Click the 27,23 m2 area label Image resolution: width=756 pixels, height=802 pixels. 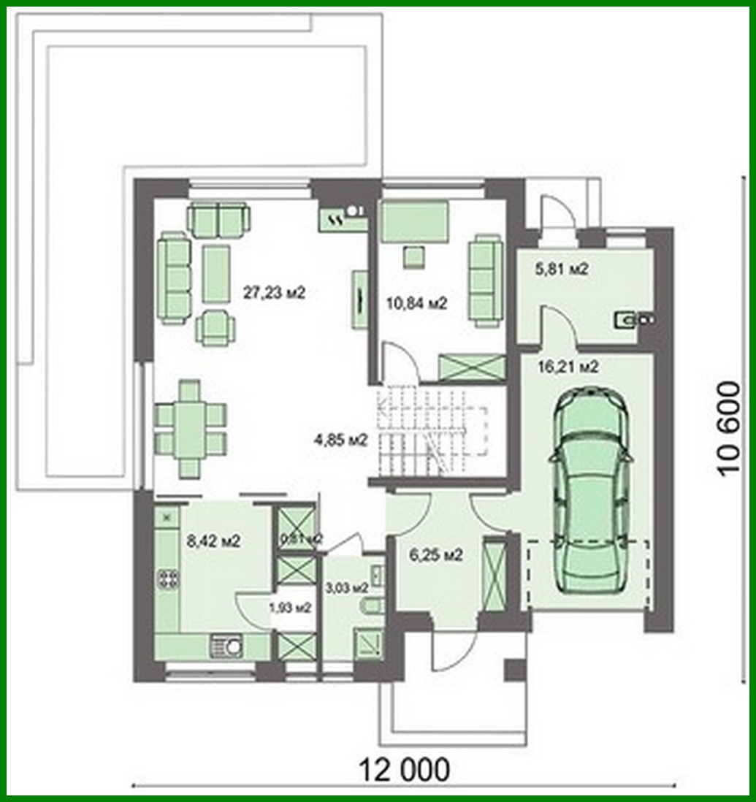tap(273, 293)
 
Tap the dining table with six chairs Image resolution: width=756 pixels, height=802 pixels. tap(190, 429)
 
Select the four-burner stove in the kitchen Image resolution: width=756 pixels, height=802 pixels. tap(169, 579)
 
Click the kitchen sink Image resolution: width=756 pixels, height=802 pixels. tap(227, 646)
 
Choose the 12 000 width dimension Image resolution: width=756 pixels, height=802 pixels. tap(404, 768)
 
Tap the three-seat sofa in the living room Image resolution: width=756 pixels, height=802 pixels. tap(174, 278)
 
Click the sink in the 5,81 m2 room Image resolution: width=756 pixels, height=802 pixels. tap(633, 318)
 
